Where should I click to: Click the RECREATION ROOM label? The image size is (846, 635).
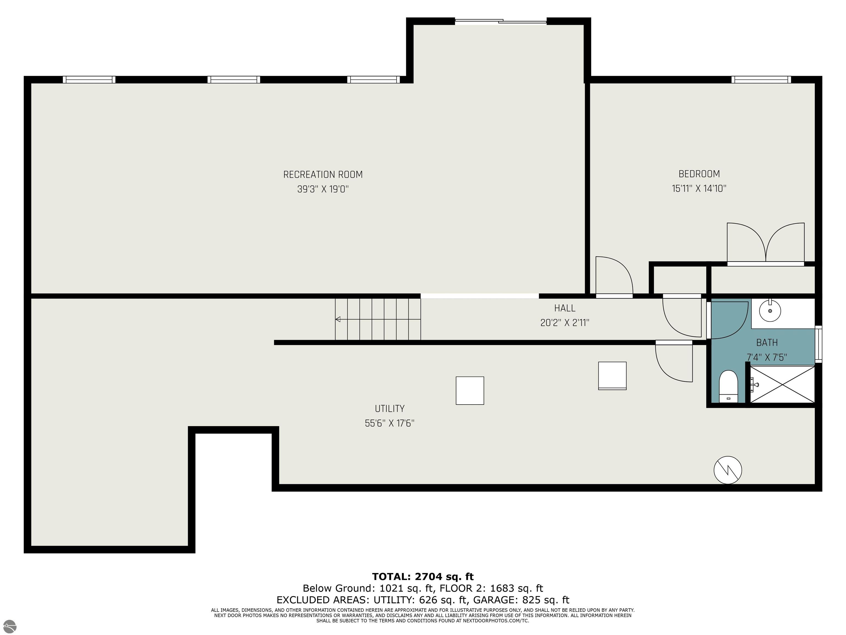coord(323,174)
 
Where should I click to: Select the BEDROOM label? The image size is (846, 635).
coord(699,174)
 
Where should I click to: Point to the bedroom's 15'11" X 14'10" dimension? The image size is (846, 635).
coord(699,188)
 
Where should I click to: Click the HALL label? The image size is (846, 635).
coord(565,308)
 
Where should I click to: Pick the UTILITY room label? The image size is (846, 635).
coord(390,408)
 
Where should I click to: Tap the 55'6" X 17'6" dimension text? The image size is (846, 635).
coord(390,423)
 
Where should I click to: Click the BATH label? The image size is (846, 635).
coord(767,343)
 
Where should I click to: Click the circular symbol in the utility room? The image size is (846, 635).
coord(728,470)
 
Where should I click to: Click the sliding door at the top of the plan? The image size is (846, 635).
coord(501,21)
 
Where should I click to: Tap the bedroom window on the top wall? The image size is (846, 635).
coord(761,80)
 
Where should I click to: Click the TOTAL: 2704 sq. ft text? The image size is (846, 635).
coord(423,577)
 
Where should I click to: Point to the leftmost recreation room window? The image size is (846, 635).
coord(89,80)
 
